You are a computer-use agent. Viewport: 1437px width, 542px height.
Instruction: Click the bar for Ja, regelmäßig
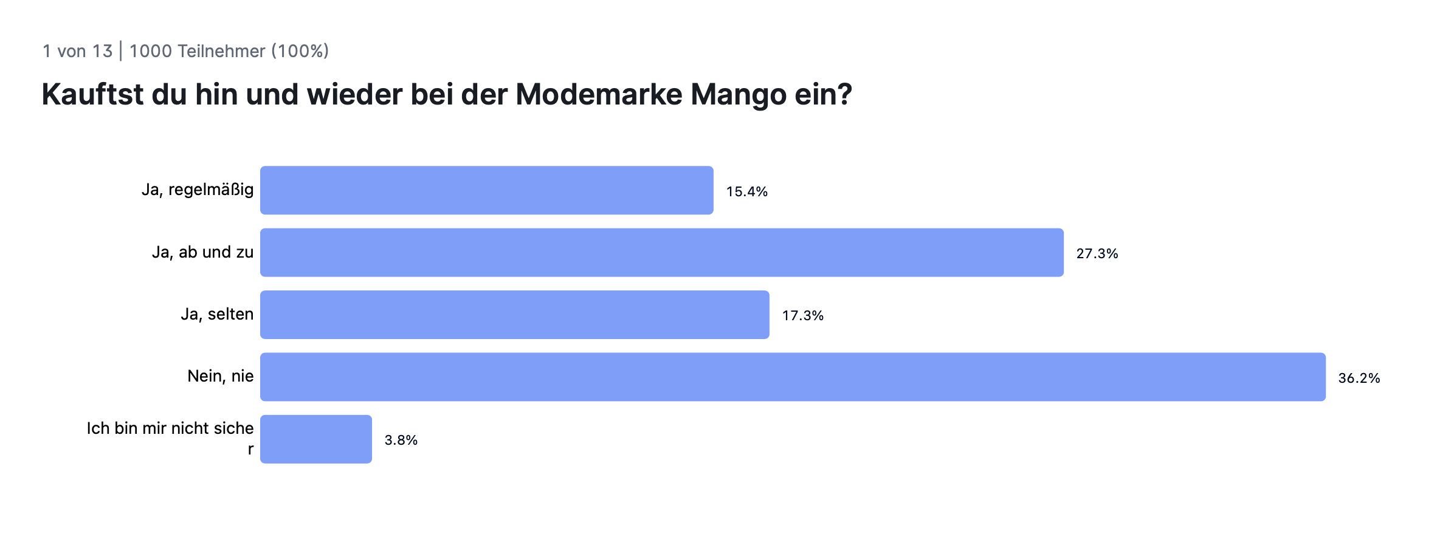486,190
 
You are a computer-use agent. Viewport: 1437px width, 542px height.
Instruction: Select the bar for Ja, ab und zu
661,253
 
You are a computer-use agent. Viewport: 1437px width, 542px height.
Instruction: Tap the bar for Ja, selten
514,315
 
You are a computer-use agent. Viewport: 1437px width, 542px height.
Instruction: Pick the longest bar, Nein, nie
793,377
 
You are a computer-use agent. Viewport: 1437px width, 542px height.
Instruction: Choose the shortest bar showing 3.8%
316,439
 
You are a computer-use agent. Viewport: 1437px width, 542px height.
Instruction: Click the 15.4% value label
746,192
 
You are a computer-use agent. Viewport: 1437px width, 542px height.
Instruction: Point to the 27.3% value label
1097,254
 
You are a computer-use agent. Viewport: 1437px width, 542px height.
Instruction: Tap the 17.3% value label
802,316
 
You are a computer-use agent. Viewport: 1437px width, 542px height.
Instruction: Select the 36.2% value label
1359,379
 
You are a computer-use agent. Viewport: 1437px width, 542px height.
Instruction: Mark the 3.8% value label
401,441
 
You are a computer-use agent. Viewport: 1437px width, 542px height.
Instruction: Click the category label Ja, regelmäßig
198,190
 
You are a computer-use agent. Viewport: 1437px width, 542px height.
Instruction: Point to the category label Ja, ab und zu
202,252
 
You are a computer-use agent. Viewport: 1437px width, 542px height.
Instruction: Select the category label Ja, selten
217,314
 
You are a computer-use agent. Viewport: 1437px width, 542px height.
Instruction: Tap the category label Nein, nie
220,376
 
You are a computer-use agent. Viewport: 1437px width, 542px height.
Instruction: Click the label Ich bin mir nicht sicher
170,429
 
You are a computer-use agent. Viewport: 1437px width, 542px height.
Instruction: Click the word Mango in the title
738,95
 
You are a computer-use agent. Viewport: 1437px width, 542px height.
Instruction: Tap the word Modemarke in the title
598,95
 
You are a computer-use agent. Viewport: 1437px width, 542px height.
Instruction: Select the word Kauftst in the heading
92,95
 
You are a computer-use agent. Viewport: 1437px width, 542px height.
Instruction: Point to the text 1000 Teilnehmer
197,51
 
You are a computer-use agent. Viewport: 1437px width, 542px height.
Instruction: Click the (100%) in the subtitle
300,51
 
